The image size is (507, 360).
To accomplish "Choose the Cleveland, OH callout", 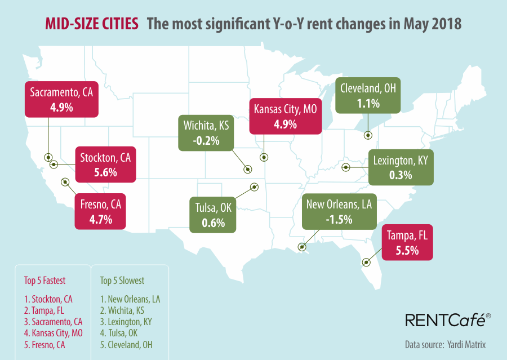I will point(368,95).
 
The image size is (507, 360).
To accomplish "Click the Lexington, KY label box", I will point(401,168).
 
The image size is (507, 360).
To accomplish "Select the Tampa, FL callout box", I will point(407,243).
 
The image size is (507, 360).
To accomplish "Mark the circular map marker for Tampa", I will point(366,262).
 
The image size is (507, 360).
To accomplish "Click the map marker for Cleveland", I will point(368,135).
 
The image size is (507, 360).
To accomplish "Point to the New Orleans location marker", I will point(303,246).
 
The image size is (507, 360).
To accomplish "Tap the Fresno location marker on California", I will point(65,181).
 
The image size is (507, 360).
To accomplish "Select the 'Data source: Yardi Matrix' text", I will point(445,344).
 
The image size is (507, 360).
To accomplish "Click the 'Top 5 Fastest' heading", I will point(45,280).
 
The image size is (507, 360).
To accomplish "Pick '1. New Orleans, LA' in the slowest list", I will point(130,299).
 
